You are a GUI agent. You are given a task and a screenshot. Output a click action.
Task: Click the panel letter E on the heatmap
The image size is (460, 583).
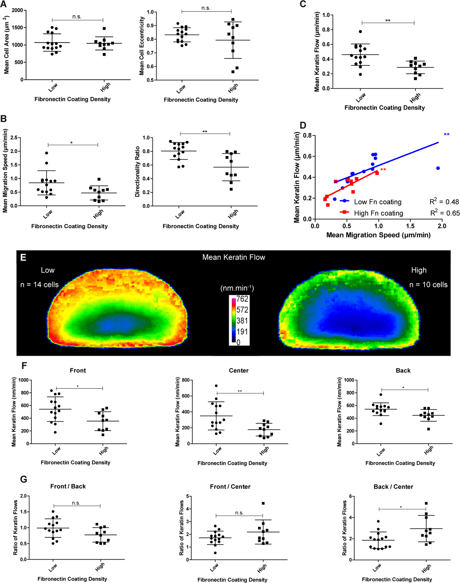[23, 257]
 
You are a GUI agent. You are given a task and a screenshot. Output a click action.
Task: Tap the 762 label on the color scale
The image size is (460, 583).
[242, 299]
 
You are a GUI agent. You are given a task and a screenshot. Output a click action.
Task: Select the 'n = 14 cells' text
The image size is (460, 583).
[39, 285]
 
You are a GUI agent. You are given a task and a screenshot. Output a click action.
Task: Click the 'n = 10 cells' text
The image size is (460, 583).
[428, 285]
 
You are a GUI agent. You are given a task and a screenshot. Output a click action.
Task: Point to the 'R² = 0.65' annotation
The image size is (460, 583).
[445, 213]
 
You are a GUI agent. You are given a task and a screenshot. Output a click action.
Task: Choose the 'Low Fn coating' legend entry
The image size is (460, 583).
[378, 202]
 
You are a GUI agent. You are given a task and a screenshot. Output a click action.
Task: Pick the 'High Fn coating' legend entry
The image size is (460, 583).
[378, 213]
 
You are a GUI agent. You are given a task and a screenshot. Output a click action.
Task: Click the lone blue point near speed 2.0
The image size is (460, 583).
[438, 168]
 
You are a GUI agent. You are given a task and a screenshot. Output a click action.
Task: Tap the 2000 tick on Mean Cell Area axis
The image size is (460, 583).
[17, 10]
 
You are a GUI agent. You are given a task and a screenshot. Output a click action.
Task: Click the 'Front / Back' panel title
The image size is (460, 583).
[68, 486]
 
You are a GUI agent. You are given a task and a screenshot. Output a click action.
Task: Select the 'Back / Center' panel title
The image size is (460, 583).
[393, 487]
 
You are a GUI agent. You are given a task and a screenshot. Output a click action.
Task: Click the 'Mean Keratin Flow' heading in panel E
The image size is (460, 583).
[233, 257]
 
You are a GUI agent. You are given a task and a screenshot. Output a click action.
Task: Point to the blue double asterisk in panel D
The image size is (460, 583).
[447, 135]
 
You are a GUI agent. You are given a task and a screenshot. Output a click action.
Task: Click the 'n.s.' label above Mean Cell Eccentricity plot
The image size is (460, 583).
[206, 8]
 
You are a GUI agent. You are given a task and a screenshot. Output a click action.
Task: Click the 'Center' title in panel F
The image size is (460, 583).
[239, 370]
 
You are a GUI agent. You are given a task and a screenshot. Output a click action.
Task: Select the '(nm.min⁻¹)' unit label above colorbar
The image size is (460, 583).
[237, 288]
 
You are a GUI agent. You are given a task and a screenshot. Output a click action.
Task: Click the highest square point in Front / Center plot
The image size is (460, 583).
[263, 503]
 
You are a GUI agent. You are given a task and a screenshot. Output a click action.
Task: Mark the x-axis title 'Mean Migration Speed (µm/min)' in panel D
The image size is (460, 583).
[378, 235]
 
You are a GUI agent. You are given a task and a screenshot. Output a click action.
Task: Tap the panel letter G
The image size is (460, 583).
[23, 479]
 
